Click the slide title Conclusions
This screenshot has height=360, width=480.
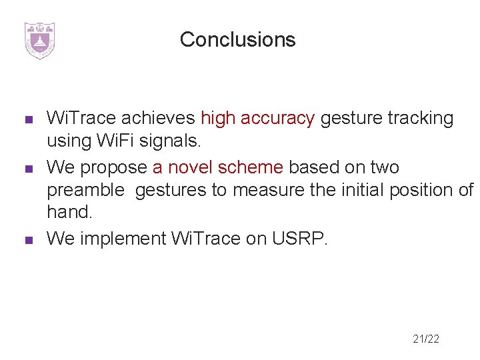[x=237, y=40]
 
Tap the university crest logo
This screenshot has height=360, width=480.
[x=39, y=41]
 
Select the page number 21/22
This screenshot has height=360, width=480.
[x=426, y=339]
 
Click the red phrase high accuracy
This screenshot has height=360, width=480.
[x=257, y=119]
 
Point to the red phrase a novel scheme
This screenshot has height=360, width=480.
[x=218, y=167]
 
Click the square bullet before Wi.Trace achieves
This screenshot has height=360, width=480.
[x=29, y=120]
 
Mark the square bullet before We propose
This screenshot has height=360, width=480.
[x=29, y=168]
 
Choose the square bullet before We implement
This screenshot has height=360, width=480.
[x=29, y=240]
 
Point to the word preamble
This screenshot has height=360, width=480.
[x=85, y=191]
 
